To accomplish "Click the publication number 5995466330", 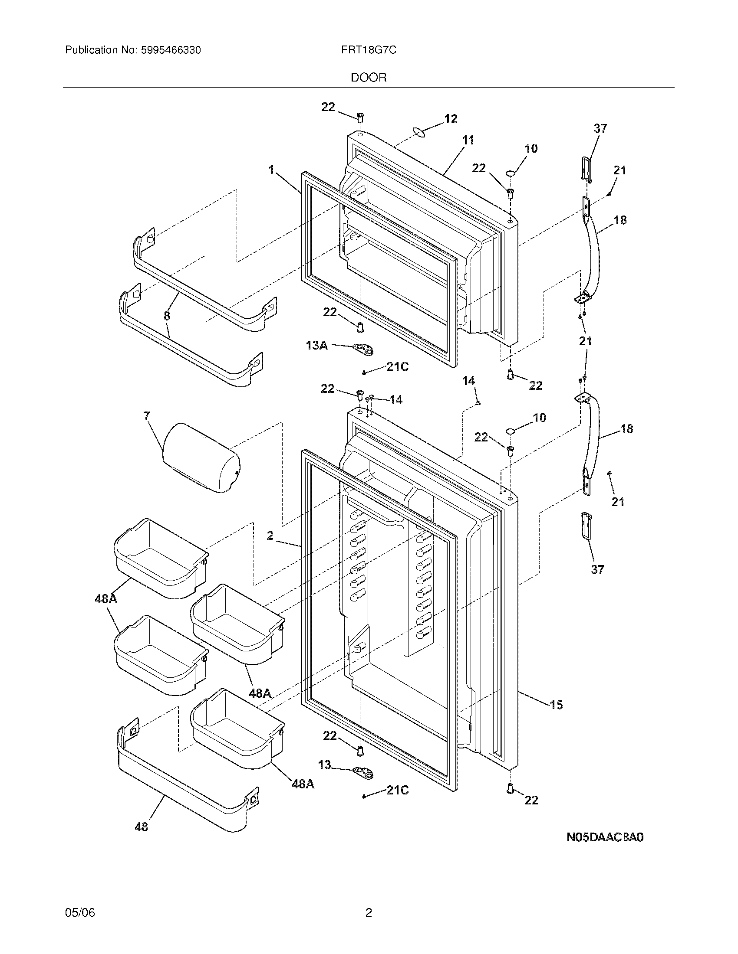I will tap(171, 50).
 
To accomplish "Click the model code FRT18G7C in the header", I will tap(369, 50).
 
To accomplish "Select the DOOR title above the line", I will tap(369, 78).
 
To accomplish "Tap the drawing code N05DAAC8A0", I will tap(605, 837).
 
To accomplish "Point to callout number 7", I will tap(146, 416).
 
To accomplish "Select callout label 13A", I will tap(317, 346).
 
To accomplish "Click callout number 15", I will tap(556, 704).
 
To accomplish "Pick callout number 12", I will tap(451, 119).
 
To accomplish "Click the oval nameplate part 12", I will tap(418, 132).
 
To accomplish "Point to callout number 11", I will tap(468, 140).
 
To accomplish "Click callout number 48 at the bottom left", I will tap(141, 827).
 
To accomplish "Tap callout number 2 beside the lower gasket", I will tap(270, 535).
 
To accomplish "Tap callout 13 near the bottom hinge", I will tap(324, 765).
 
